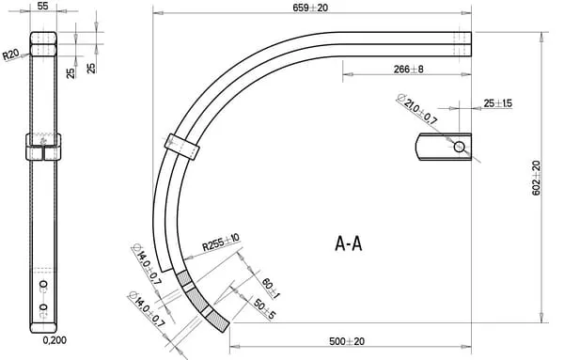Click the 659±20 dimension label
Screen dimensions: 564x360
[x=310, y=8]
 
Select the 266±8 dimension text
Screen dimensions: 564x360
[x=408, y=69]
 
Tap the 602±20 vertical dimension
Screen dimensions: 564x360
[x=536, y=178]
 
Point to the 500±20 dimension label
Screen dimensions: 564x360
[x=347, y=341]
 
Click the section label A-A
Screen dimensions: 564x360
[x=348, y=243]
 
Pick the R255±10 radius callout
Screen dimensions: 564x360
[x=221, y=243]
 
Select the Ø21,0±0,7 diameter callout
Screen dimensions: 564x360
[x=416, y=109]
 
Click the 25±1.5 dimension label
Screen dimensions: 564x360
[x=498, y=103]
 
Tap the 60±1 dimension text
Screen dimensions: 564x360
[x=271, y=289]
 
